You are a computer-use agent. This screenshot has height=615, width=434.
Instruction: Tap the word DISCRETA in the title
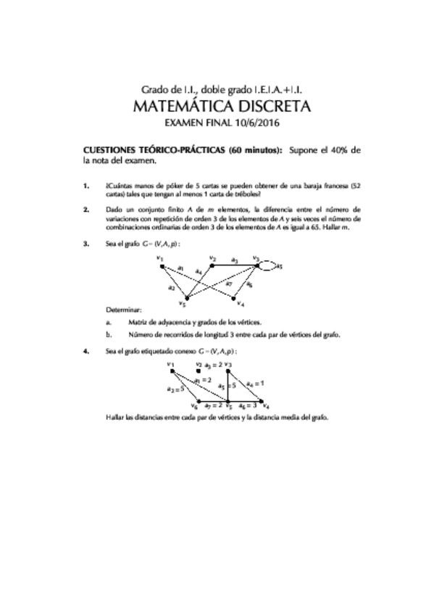pyautogui.click(x=270, y=107)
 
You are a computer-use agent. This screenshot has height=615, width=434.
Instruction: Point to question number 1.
pyautogui.click(x=86, y=186)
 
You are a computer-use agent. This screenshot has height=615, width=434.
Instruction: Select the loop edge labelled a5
pyautogui.click(x=271, y=265)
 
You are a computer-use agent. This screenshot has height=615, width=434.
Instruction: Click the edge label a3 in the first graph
pyautogui.click(x=234, y=260)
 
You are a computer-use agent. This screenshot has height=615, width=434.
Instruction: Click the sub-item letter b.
pyautogui.click(x=108, y=334)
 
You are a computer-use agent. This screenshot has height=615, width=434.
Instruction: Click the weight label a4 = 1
pyautogui.click(x=255, y=383)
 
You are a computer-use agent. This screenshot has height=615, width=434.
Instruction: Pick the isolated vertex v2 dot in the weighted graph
pyautogui.click(x=199, y=371)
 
